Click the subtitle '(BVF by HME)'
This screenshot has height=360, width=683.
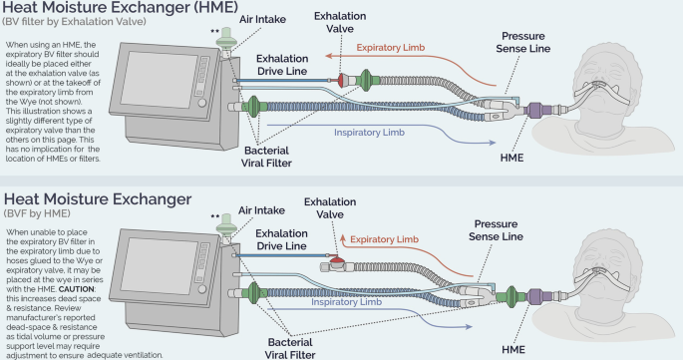point(41,215)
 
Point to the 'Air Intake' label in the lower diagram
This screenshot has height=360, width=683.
point(265,211)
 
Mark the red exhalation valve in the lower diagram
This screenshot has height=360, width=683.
point(340,265)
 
